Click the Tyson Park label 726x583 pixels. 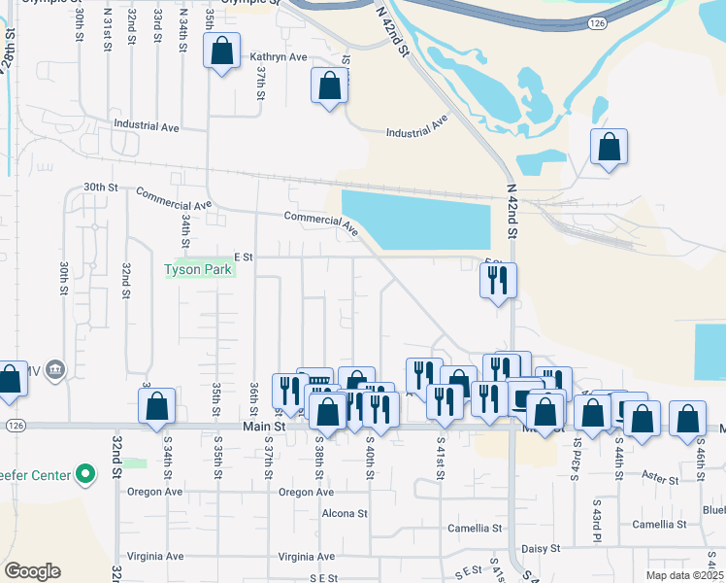(199, 269)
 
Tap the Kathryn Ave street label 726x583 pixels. (279, 57)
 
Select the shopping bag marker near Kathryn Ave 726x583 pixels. (221, 51)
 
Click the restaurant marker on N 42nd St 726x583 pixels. (498, 281)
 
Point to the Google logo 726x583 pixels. (32, 571)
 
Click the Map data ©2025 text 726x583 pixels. (684, 575)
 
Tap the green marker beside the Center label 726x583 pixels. (85, 475)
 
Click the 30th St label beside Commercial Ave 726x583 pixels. (100, 187)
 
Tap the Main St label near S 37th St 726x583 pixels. (265, 426)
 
